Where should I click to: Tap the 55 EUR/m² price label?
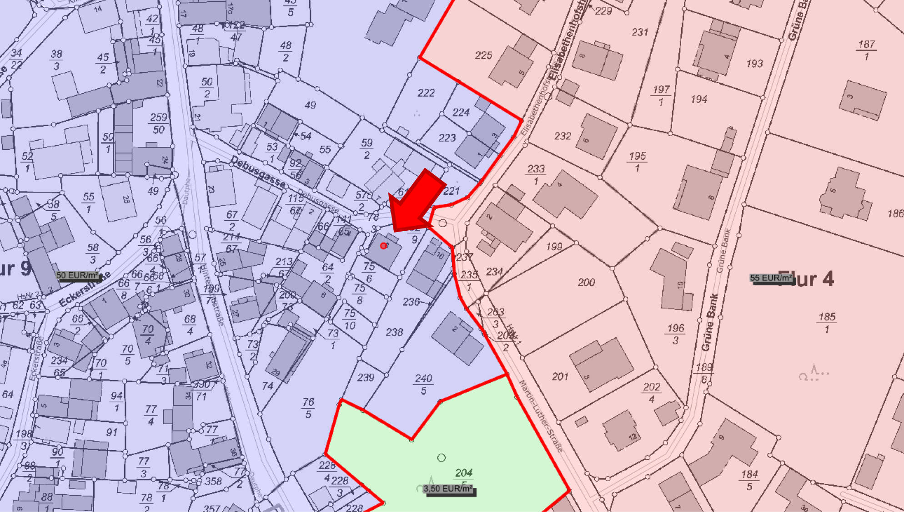(771, 278)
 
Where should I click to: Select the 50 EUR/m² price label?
(77, 275)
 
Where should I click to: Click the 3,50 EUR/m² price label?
(448, 489)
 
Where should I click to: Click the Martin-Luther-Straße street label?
(541, 416)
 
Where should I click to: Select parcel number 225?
(483, 56)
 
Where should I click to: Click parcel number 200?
(586, 283)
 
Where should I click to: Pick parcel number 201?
(560, 377)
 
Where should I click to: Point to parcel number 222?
(426, 93)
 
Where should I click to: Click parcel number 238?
(394, 333)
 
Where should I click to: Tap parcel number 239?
(366, 378)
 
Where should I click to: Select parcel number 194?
(698, 99)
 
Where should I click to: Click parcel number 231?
(639, 32)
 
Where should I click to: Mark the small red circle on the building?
(383, 246)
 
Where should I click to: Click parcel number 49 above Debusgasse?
(310, 105)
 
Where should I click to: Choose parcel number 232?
(562, 136)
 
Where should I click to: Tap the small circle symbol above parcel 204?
(441, 458)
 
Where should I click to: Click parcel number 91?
(112, 432)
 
